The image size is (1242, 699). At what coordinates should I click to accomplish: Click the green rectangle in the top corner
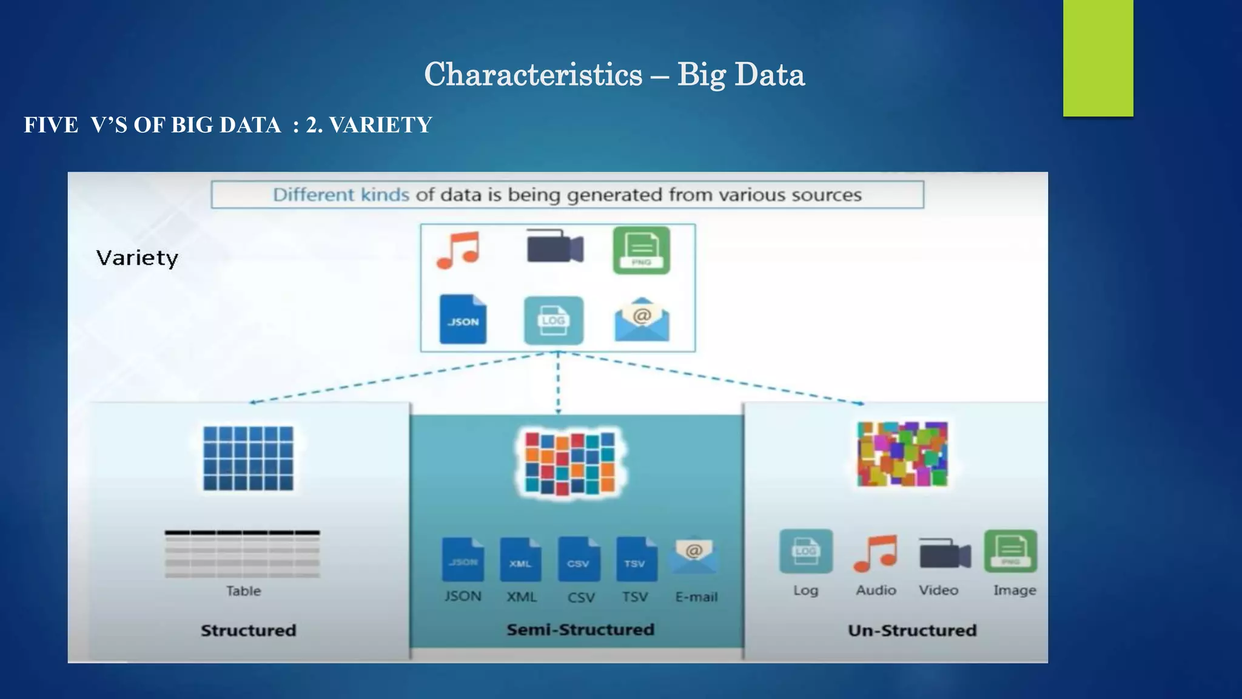1098,58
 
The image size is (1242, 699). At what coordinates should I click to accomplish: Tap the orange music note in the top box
458,250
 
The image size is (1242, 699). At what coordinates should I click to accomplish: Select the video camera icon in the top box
554,247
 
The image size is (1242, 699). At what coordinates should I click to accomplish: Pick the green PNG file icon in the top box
641,250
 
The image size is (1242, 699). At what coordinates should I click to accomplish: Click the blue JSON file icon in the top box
463,319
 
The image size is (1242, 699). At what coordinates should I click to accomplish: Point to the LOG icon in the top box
553,320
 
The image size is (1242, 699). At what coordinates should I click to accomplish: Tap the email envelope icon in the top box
642,319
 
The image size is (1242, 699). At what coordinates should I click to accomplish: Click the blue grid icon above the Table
248,458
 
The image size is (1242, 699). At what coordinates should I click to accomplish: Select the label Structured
249,630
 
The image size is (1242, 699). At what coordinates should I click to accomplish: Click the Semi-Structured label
580,630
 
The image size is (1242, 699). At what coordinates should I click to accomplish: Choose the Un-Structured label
912,630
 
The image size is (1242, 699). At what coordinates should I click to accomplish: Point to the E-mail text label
696,597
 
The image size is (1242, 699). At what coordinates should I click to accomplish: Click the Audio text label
876,590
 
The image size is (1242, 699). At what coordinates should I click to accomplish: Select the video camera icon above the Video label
944,553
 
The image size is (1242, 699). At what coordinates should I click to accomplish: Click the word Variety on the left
137,258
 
